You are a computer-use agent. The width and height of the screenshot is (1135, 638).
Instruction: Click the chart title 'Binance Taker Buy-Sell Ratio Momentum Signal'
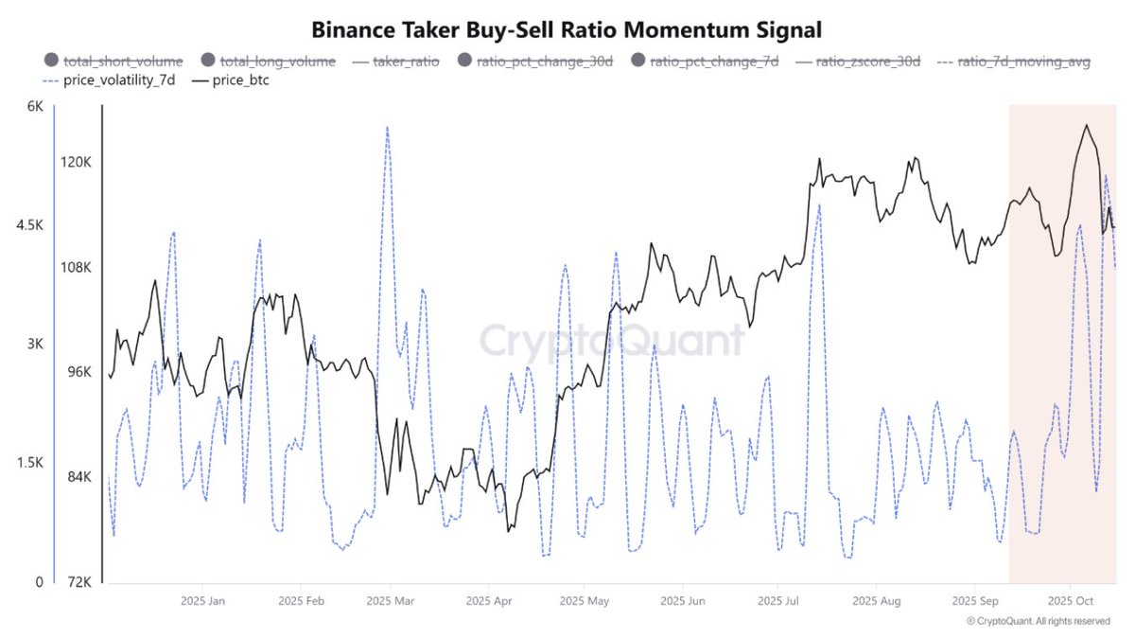(567, 29)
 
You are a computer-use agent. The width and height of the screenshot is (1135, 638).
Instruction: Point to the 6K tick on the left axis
(35, 107)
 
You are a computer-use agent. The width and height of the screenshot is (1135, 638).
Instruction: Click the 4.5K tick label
(29, 226)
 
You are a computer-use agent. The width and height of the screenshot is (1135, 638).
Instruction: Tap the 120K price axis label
(76, 162)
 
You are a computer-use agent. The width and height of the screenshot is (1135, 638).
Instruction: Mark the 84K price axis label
(75, 477)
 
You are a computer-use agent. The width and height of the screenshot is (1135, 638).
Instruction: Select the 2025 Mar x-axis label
(390, 601)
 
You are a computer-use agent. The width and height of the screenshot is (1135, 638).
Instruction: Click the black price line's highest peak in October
(1086, 125)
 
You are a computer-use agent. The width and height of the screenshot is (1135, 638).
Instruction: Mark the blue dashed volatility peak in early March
(386, 126)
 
